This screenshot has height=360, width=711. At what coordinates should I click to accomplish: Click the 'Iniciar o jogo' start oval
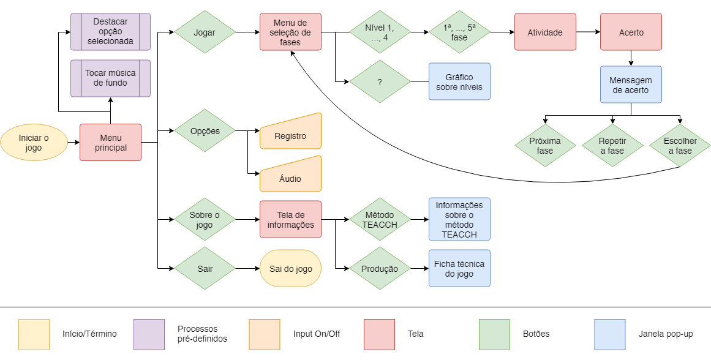pyautogui.click(x=34, y=143)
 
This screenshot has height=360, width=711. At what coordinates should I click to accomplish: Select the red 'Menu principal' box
pyautogui.click(x=111, y=143)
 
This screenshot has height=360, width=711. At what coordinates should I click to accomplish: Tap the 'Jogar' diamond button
pyautogui.click(x=205, y=32)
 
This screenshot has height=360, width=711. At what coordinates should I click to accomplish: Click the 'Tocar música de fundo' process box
pyautogui.click(x=111, y=78)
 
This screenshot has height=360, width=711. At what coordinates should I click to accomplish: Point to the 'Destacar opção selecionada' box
pyautogui.click(x=111, y=32)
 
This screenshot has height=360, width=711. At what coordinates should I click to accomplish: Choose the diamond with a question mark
pyautogui.click(x=380, y=81)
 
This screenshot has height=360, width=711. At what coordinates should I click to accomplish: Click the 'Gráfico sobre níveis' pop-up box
pyautogui.click(x=459, y=81)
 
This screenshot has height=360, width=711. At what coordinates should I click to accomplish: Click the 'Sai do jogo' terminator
pyautogui.click(x=291, y=268)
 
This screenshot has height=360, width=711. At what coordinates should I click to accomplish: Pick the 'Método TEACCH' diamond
pyautogui.click(x=380, y=219)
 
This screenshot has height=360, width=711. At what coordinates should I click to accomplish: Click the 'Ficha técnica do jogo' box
pyautogui.click(x=459, y=268)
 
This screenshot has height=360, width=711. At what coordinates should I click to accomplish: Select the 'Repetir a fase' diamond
pyautogui.click(x=612, y=146)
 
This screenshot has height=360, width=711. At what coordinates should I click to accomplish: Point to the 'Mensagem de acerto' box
pyautogui.click(x=631, y=84)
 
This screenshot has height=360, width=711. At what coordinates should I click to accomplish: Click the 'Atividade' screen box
pyautogui.click(x=545, y=32)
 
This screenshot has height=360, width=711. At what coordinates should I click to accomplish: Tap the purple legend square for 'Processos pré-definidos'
pyautogui.click(x=149, y=335)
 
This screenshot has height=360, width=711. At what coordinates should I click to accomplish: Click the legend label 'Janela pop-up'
pyautogui.click(x=666, y=334)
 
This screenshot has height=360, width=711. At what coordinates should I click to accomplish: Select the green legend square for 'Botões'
pyautogui.click(x=495, y=335)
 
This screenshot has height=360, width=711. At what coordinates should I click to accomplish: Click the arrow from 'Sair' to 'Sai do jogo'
pyautogui.click(x=247, y=268)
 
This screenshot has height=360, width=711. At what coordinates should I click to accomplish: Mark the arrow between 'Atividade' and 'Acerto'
pyautogui.click(x=588, y=32)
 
